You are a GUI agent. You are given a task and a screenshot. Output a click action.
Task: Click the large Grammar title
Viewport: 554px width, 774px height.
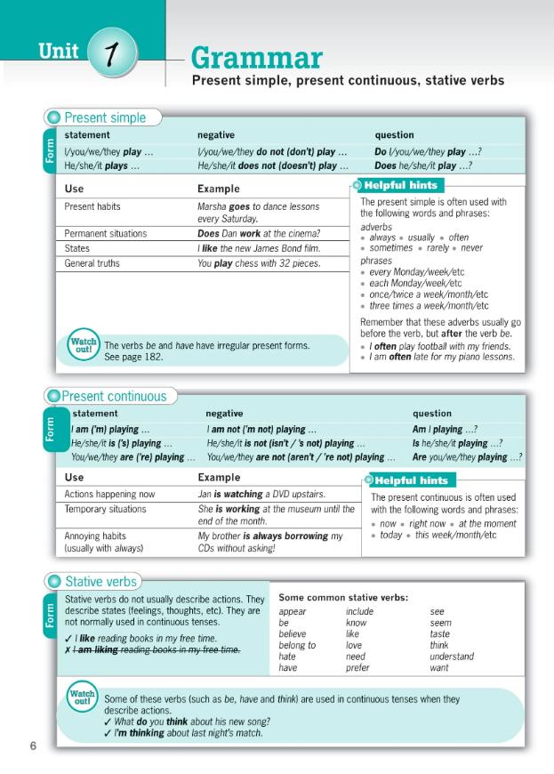256,59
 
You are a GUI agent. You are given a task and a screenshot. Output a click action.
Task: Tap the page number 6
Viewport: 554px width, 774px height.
33,746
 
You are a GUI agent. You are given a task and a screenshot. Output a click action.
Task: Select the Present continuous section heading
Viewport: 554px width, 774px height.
115,396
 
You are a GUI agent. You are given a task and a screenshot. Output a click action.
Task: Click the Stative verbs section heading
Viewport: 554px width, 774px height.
101,582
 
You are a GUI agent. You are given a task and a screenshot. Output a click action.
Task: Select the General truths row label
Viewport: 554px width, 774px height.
92,263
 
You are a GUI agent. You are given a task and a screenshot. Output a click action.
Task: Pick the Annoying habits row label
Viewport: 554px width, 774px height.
95,536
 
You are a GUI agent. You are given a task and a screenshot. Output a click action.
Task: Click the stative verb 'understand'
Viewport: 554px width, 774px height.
452,657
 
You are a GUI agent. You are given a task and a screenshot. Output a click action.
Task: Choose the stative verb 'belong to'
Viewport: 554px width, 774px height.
297,645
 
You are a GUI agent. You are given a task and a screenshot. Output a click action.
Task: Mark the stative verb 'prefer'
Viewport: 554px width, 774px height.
357,667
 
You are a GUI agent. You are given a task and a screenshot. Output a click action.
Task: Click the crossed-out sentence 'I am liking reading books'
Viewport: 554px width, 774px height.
152,650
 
